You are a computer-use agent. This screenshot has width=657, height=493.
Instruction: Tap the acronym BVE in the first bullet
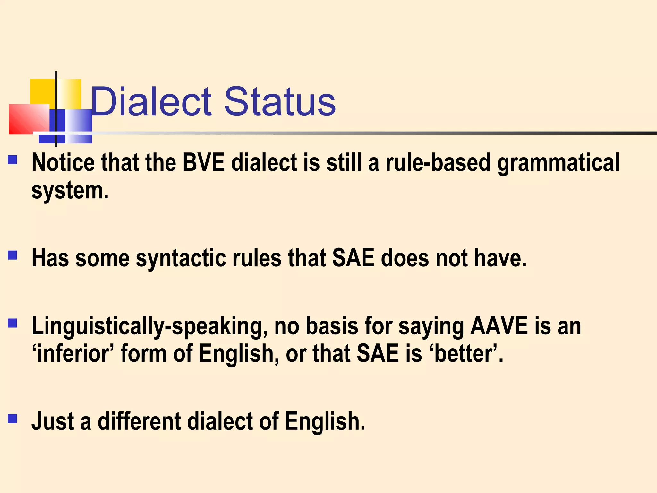(203, 162)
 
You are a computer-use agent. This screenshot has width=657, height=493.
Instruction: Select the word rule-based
(438, 162)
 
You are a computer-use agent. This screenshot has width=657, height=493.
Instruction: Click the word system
(70, 191)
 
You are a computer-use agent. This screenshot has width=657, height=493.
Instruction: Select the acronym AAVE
(499, 326)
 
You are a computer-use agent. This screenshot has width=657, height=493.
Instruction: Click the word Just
(53, 421)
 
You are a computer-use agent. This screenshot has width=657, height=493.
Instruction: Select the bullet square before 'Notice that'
(13, 160)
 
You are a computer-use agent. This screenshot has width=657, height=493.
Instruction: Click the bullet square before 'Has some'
(13, 255)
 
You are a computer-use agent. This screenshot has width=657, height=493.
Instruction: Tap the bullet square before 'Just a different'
(13, 419)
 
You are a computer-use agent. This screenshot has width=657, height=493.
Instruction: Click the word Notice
(63, 162)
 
